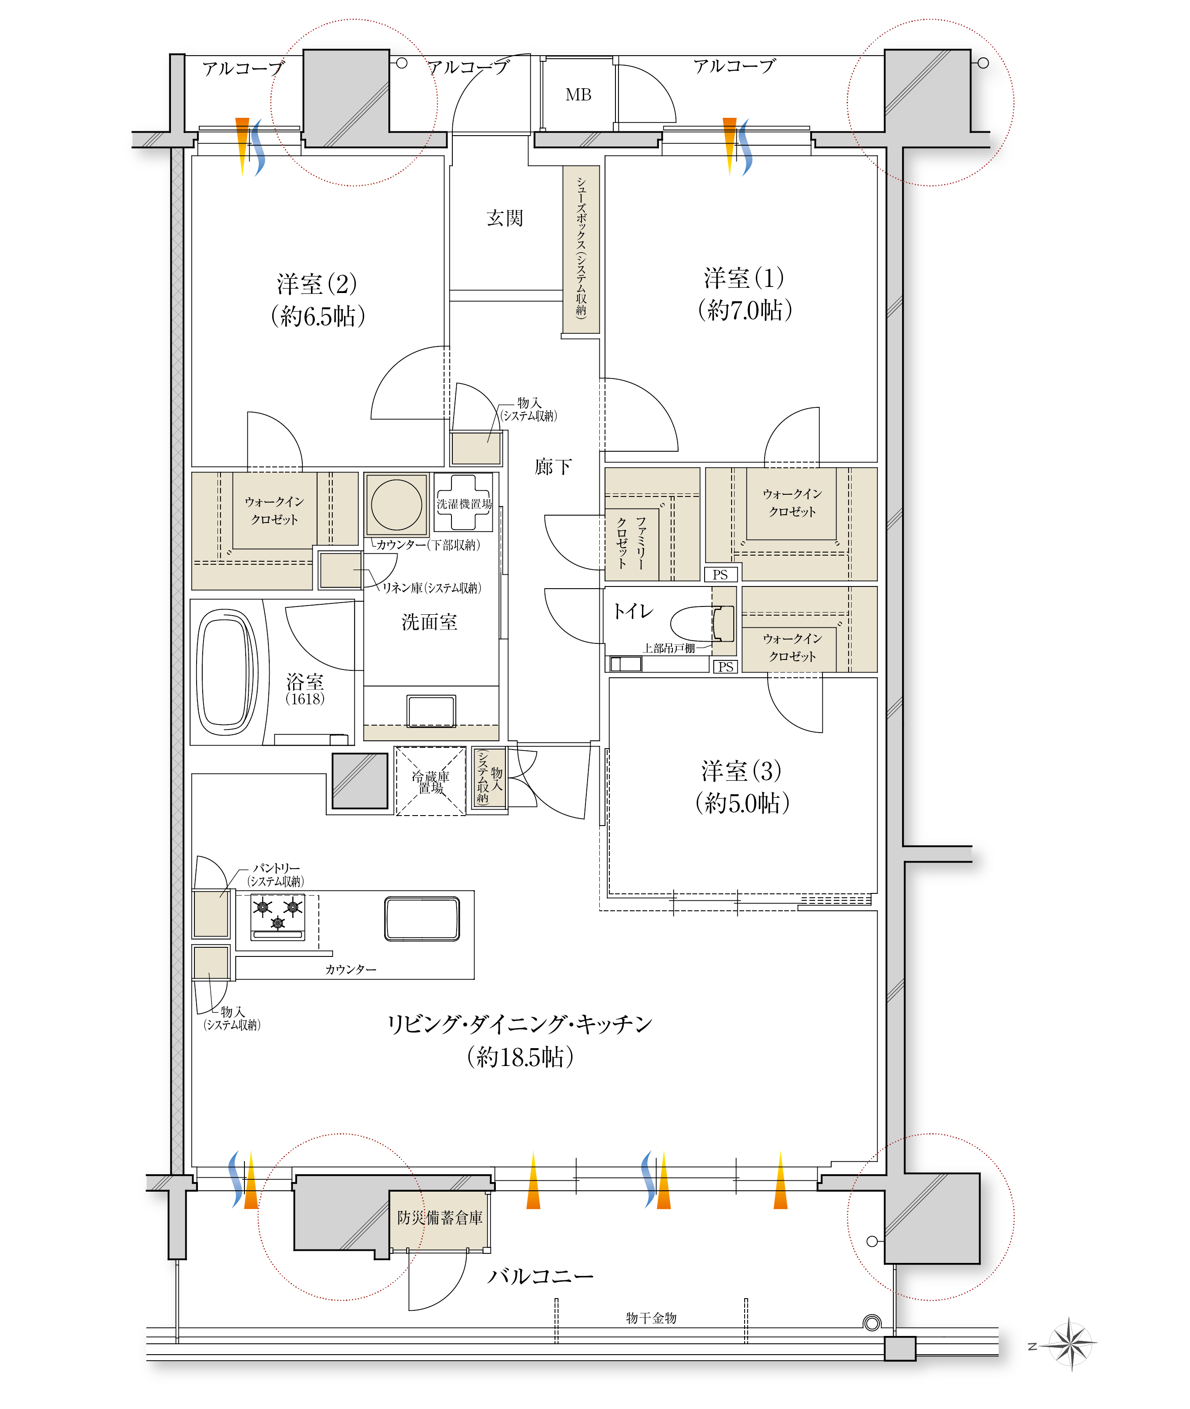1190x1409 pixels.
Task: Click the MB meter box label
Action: [x=578, y=95]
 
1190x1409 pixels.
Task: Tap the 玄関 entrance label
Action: [x=505, y=218]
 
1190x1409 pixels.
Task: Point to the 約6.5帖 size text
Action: [x=318, y=316]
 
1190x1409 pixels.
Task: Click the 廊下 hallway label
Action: [x=553, y=466]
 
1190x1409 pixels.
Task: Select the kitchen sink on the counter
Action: [x=422, y=918]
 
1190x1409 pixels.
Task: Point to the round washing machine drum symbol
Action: [x=397, y=505]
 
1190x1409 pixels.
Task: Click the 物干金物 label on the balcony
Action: [x=651, y=1318]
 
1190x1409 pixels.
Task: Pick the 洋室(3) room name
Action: [x=742, y=770]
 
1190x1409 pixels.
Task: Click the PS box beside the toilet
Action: [x=726, y=667]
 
